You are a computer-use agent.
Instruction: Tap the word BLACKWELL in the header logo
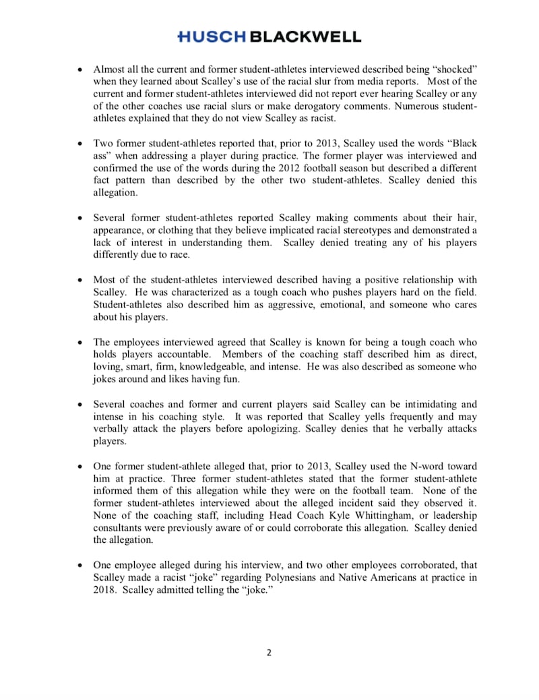[305, 37]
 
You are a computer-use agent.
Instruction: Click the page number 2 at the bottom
[269, 652]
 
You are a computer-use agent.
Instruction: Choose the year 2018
[104, 590]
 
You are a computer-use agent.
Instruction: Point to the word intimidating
[428, 405]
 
